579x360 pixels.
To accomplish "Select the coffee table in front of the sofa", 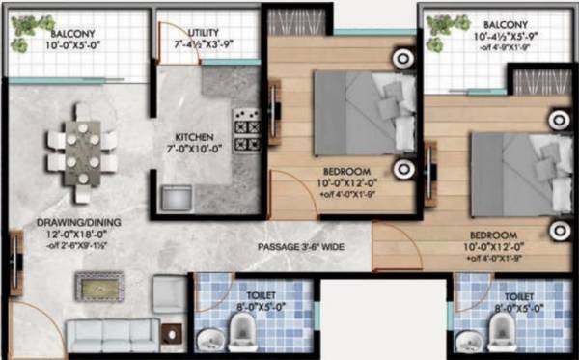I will pos(99,287).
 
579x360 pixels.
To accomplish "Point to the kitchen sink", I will pos(177,199).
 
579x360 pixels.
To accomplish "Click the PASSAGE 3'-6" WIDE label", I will pos(299,247).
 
